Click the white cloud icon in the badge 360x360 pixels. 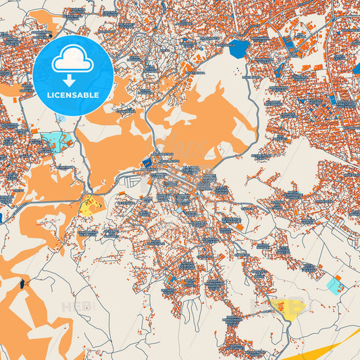point(73,61)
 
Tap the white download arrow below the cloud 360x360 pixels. point(73,80)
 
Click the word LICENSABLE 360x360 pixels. point(73,95)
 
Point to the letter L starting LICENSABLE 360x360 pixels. point(49,95)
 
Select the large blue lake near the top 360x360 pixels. point(237,49)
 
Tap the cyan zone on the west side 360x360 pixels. point(57,142)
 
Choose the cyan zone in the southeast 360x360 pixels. point(334,285)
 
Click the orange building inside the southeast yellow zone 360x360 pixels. point(279,306)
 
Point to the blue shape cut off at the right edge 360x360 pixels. point(357,68)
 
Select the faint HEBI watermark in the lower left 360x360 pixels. point(76,307)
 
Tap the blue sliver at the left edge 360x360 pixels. point(1,217)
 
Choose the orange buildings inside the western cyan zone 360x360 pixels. point(66,143)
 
